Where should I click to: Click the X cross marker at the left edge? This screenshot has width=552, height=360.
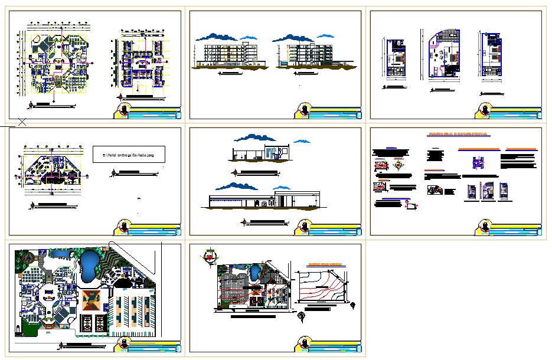[21, 122]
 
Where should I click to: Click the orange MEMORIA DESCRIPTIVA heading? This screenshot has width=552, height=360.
[456, 135]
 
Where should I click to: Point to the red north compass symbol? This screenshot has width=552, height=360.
[208, 256]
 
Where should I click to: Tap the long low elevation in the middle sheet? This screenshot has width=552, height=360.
[263, 199]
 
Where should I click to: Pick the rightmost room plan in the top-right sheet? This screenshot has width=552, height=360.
[492, 54]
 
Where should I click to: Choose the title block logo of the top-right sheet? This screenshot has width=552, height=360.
[486, 110]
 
